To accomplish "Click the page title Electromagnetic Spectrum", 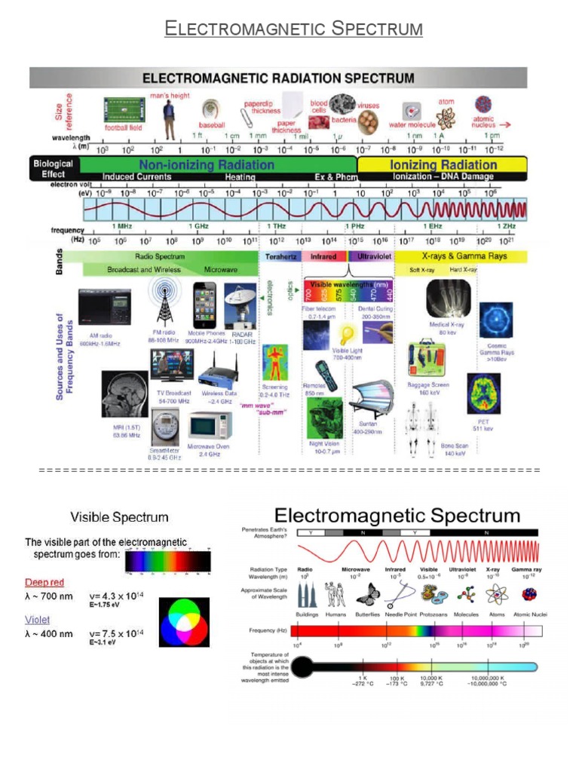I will (x=294, y=29).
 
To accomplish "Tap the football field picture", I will (x=123, y=111).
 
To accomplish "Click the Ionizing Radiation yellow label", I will (x=443, y=164).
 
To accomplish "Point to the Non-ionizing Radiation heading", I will (x=206, y=164).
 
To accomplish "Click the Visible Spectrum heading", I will (x=119, y=517).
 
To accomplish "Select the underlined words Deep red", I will (x=45, y=582).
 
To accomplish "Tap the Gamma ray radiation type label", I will (x=526, y=569).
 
